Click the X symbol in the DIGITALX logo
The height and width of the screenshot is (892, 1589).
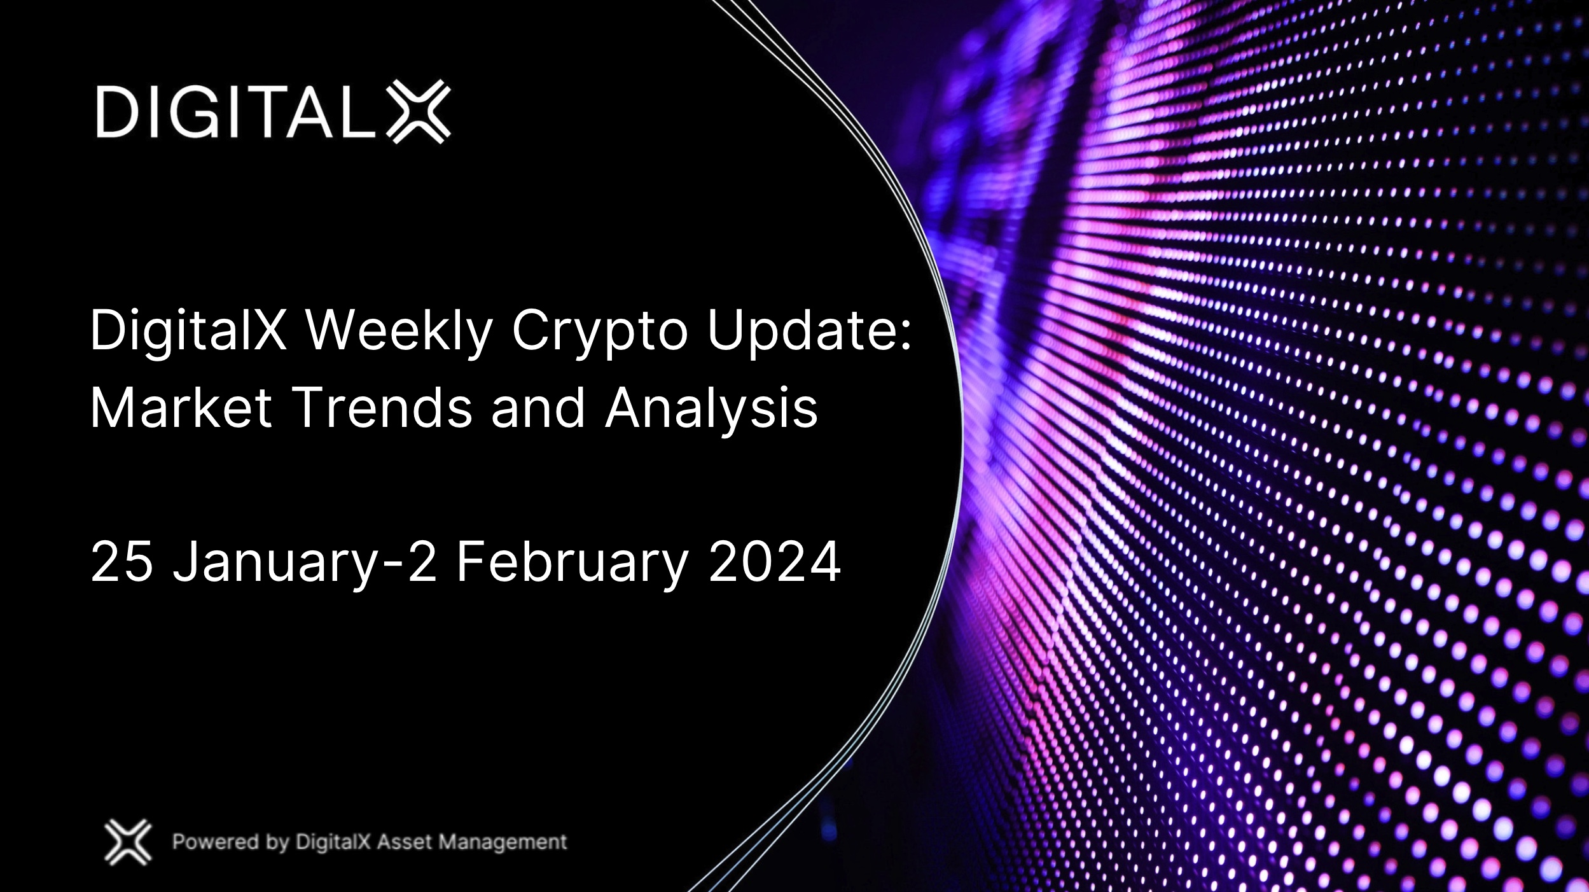pyautogui.click(x=419, y=111)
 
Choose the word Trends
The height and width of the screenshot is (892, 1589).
pyautogui.click(x=382, y=408)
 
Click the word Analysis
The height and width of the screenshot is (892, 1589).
pyautogui.click(x=711, y=409)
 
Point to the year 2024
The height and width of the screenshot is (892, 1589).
pyautogui.click(x=774, y=562)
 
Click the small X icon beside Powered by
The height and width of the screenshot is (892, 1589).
pyautogui.click(x=128, y=842)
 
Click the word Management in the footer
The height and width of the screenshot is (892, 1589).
pyautogui.click(x=503, y=842)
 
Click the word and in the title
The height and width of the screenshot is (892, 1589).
pyautogui.click(x=538, y=408)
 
